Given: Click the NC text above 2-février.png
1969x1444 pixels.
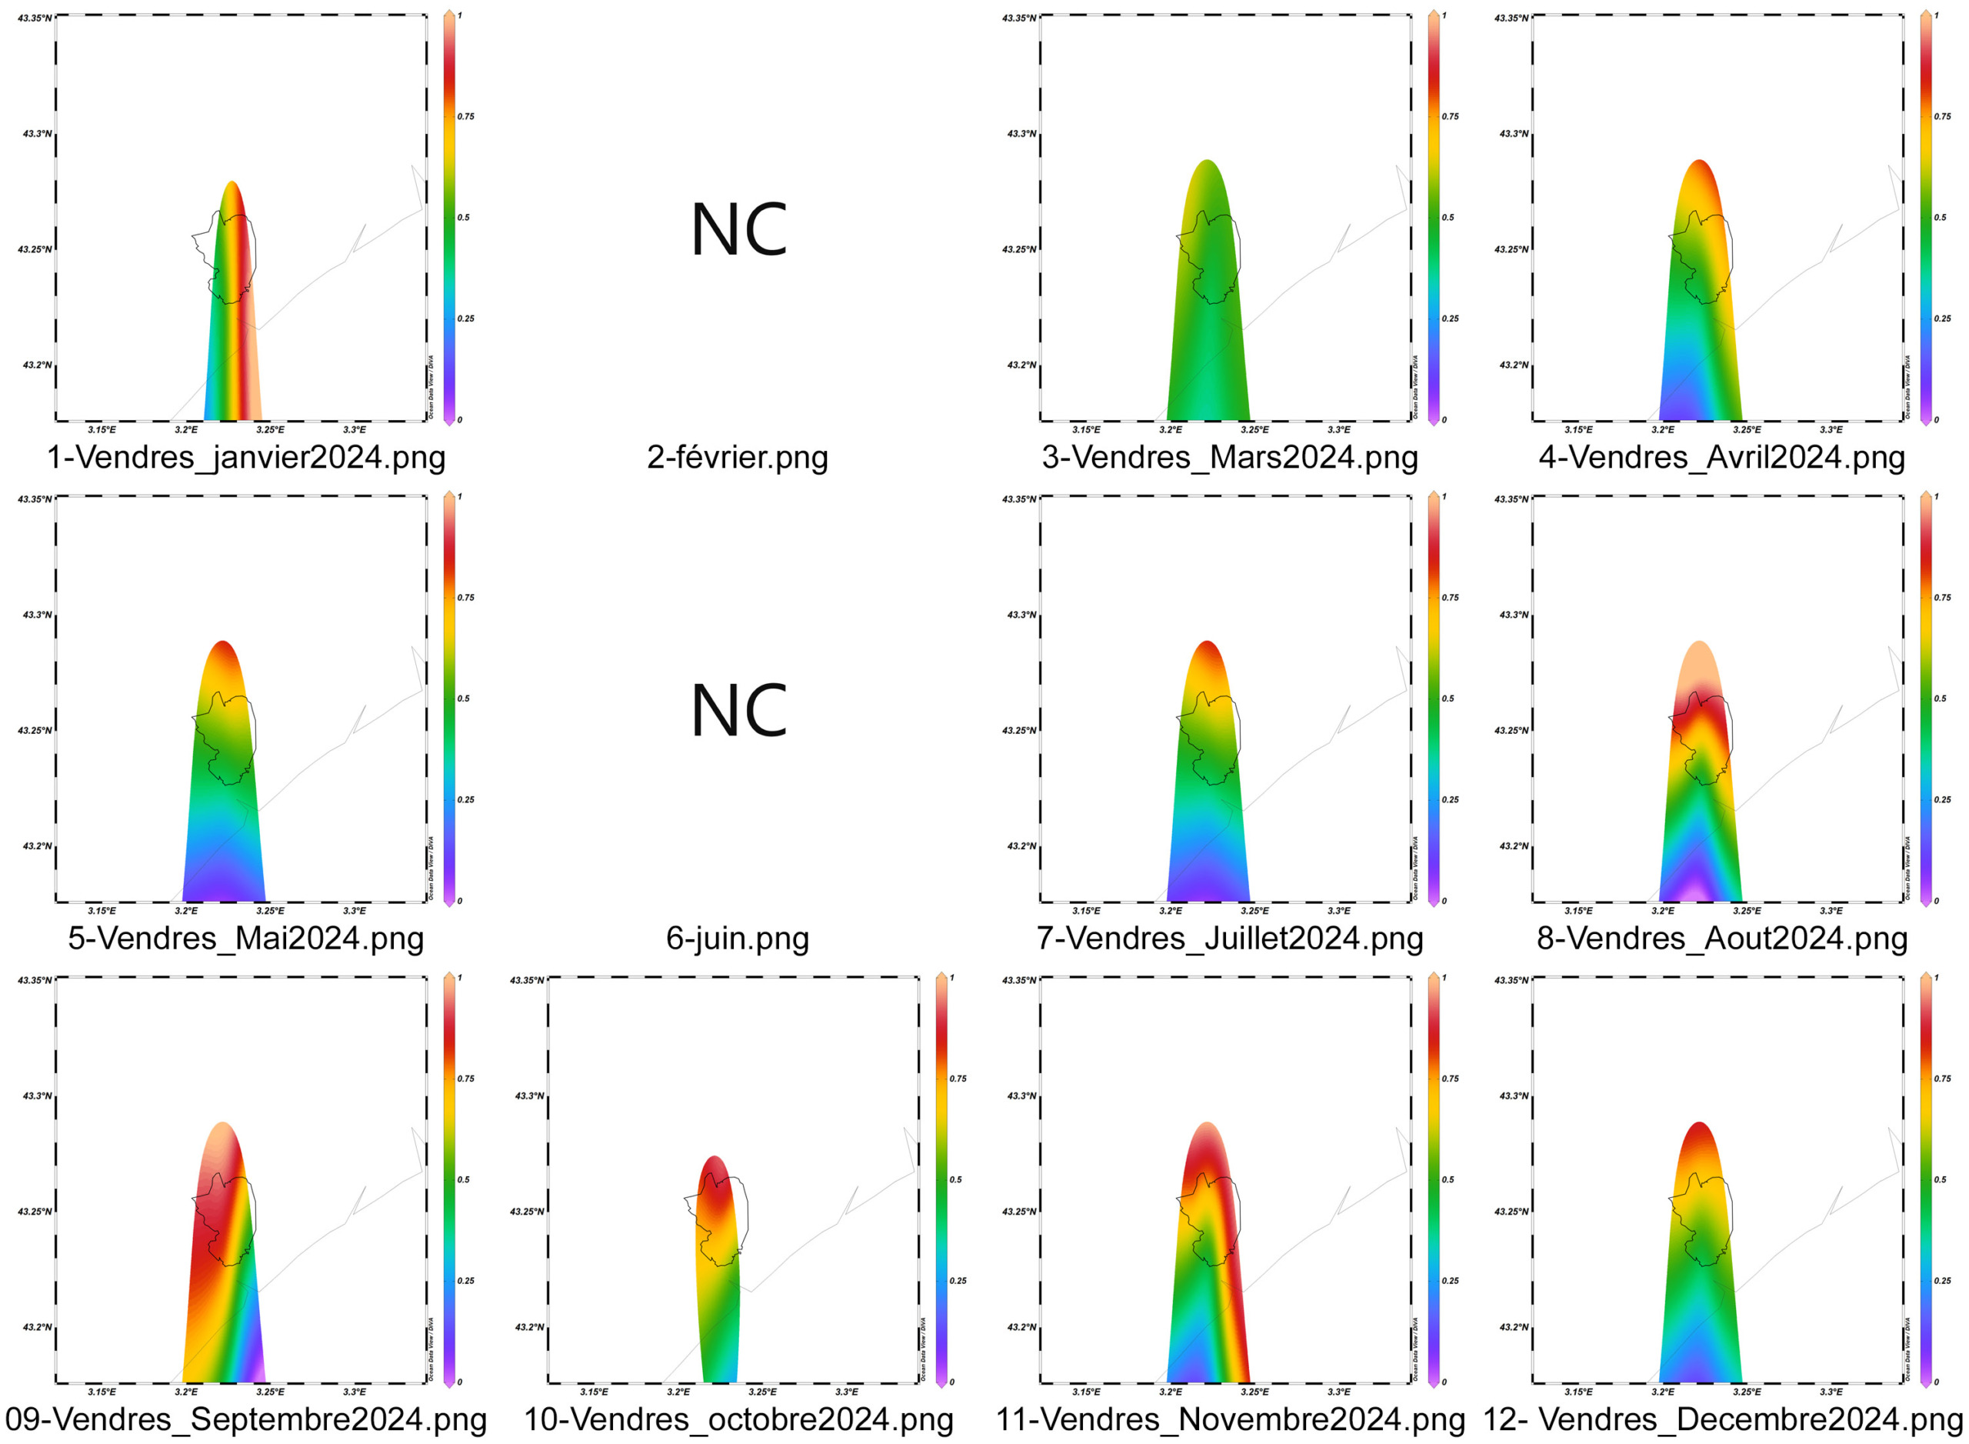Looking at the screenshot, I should click(x=738, y=230).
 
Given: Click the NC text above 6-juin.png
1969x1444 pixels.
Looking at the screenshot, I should click(x=738, y=711).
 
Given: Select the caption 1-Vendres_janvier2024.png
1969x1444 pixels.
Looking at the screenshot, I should click(x=245, y=457).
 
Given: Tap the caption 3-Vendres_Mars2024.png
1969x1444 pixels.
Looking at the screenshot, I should click(x=1230, y=457).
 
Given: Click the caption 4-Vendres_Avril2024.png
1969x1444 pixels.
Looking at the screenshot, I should click(x=1721, y=457).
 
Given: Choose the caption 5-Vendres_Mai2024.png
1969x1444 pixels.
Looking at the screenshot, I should click(x=245, y=938).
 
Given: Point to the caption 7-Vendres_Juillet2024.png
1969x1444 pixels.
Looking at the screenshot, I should click(x=1230, y=938).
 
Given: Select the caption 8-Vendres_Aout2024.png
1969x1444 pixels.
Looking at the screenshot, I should click(x=1721, y=938).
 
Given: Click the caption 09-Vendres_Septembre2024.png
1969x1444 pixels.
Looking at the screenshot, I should click(x=245, y=1419).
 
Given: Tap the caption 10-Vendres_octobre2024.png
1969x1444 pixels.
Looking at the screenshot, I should click(x=738, y=1419).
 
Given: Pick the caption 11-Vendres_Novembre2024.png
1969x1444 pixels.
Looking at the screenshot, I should click(x=1230, y=1419).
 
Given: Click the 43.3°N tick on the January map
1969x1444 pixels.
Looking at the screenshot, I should click(x=37, y=134).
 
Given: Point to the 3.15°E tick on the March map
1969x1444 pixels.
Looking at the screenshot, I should click(x=1086, y=430).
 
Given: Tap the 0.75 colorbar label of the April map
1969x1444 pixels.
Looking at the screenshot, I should click(x=1942, y=116).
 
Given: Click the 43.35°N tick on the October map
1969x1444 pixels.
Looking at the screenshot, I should click(x=527, y=980).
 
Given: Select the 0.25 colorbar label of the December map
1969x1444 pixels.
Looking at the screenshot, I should click(x=1942, y=1281).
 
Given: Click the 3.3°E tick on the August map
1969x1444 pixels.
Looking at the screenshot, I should click(x=1831, y=911).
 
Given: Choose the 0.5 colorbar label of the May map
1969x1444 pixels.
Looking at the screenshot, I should click(x=463, y=699).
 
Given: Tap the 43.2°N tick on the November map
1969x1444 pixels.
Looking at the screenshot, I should click(x=1021, y=1327).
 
